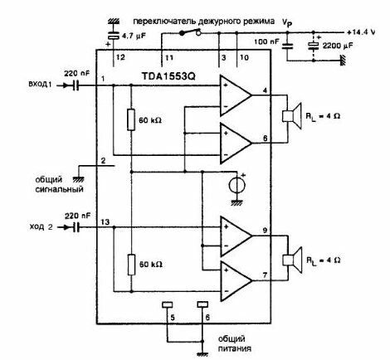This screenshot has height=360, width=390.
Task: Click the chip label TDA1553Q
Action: click(x=168, y=76)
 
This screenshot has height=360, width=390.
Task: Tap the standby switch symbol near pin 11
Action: click(x=190, y=32)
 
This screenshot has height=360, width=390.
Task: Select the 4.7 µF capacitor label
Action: click(x=134, y=36)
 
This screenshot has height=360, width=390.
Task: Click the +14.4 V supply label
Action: click(x=361, y=32)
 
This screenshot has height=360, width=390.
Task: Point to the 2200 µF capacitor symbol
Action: click(x=314, y=46)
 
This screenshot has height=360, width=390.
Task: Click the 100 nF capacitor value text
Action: click(x=266, y=41)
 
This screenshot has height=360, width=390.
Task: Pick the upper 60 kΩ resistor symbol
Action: click(x=131, y=119)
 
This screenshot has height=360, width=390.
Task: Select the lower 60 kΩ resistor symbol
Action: click(x=131, y=265)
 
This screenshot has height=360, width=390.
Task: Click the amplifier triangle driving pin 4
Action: click(x=236, y=95)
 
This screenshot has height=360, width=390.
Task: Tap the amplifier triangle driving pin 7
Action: click(x=236, y=281)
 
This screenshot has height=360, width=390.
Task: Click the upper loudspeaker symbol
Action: click(x=292, y=116)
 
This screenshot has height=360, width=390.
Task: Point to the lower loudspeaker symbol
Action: click(x=292, y=260)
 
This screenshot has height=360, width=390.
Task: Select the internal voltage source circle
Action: click(x=236, y=185)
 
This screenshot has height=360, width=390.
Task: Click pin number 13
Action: click(x=105, y=221)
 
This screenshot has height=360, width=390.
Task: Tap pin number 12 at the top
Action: click(x=120, y=57)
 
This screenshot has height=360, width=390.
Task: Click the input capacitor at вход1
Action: click(x=76, y=85)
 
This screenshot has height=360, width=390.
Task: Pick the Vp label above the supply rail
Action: click(x=287, y=22)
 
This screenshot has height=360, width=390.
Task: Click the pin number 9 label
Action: click(x=265, y=230)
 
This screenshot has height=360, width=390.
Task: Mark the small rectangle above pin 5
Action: click(x=167, y=304)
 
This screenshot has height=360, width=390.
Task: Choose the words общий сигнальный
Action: click(x=59, y=185)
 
